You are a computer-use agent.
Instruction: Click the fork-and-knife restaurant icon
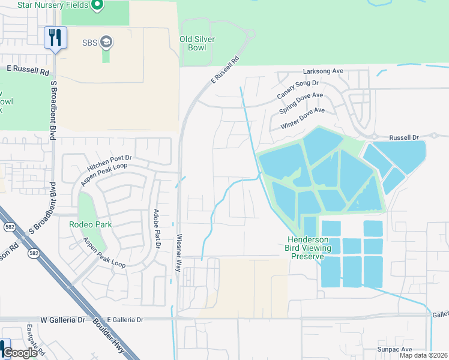[x=55, y=38]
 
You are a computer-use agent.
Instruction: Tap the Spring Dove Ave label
[x=301, y=104]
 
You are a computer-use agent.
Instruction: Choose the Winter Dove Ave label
[x=303, y=119]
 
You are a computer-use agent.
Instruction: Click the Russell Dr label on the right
[x=403, y=137]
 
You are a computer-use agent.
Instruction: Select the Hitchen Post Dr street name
[x=109, y=158]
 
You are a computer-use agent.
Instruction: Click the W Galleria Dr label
[x=63, y=320]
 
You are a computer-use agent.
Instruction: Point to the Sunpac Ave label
[x=394, y=349]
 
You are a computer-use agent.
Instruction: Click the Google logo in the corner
[x=20, y=353]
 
